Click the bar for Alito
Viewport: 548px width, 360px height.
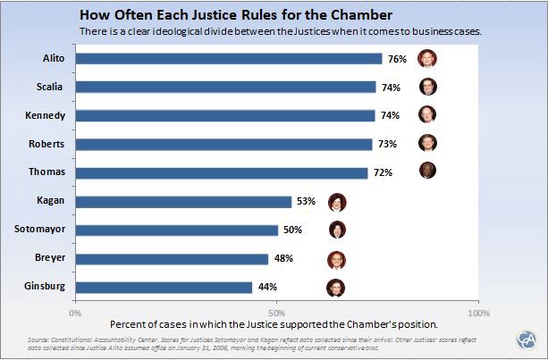228,59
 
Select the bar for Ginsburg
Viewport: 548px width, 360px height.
164,287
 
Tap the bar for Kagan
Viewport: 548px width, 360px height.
183,202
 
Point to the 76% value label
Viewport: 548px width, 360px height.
397,59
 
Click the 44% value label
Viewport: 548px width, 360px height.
267,287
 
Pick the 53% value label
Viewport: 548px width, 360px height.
307,202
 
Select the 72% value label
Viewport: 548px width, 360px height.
384,172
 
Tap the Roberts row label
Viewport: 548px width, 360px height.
46,144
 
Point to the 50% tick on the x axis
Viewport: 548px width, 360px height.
277,314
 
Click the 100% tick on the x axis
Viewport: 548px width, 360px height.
478,314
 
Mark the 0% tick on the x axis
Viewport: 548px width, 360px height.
75,314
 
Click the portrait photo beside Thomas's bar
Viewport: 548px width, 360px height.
428,171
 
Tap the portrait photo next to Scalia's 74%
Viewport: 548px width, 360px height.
429,87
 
